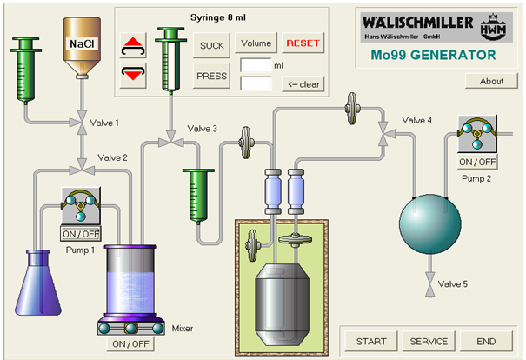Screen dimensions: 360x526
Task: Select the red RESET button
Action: tap(303, 43)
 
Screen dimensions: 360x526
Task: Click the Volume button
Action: tap(256, 43)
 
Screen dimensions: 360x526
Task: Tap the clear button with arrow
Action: tap(303, 84)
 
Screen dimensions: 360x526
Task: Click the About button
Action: tap(491, 81)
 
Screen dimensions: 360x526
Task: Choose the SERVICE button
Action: tap(429, 341)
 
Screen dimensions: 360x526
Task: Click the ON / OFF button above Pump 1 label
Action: tap(81, 233)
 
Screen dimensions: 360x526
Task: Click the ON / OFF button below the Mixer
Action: tap(131, 344)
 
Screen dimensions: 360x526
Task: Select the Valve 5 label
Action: tap(452, 284)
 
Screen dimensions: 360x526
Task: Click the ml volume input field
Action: tap(256, 65)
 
